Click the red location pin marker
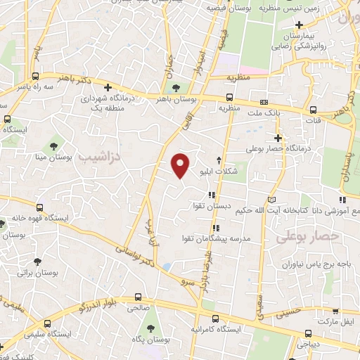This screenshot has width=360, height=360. [181, 165]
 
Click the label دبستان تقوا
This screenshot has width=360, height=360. [209, 206]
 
